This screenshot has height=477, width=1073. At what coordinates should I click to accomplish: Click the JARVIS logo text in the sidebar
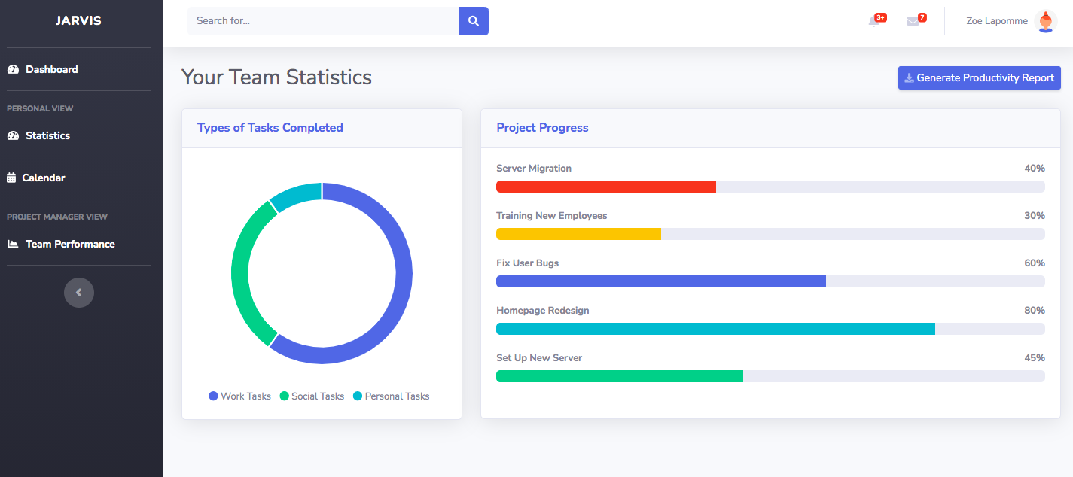pos(78,20)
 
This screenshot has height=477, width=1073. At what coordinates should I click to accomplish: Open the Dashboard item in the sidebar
pos(51,69)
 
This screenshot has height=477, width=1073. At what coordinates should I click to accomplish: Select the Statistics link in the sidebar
pos(47,135)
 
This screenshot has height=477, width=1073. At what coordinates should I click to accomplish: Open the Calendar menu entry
pos(43,178)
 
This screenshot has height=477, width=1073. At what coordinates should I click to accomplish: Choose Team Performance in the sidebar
pos(69,244)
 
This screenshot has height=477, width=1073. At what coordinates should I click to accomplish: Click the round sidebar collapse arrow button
pos(79,293)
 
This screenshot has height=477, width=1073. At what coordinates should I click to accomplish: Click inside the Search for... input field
pos(322,21)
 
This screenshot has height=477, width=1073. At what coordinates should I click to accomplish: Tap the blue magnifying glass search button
pos(474,21)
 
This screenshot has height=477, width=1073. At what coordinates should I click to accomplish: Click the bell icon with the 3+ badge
pos(874,21)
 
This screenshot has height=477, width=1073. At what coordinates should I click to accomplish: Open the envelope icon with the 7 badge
pos(913,21)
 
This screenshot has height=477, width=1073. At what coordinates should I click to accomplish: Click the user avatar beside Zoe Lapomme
pos(1046,21)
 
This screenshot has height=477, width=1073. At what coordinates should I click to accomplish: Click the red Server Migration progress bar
pos(605,187)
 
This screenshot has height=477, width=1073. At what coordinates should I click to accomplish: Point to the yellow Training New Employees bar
pos(578,234)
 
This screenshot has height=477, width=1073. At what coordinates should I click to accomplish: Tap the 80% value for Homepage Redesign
pos(1034,310)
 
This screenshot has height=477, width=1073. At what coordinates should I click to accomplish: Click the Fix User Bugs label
pos(527,263)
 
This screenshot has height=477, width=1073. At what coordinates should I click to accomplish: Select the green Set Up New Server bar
pos(619,376)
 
